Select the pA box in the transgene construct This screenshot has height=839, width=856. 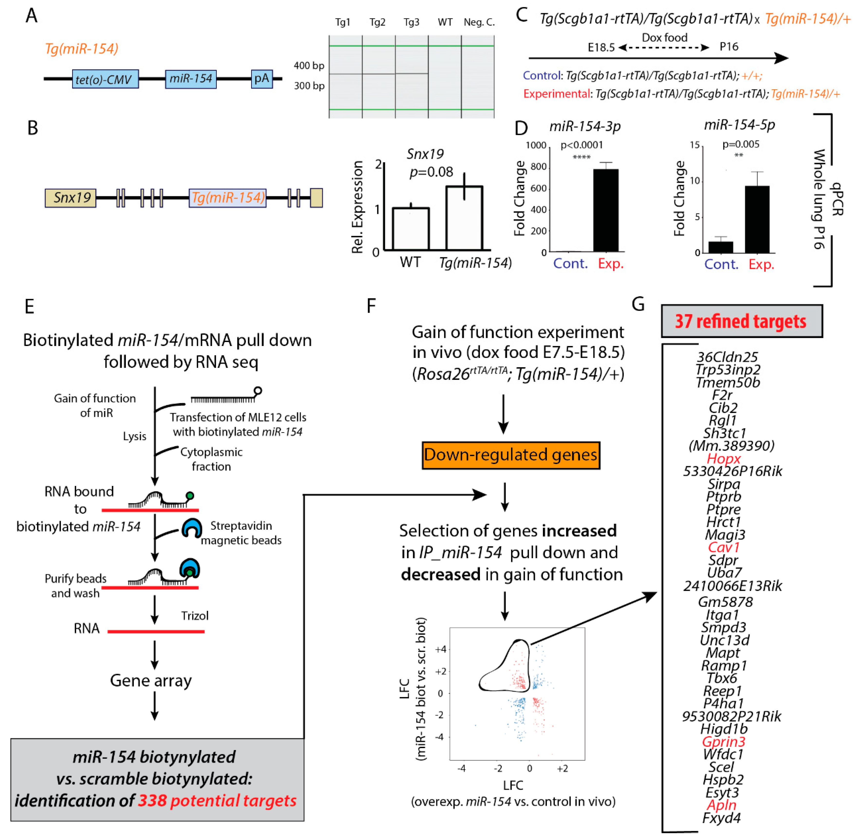tap(262, 79)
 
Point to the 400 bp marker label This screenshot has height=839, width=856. tap(309, 66)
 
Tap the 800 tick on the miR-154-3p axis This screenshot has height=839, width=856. tap(538, 167)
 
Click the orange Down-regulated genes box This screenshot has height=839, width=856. tap(511, 455)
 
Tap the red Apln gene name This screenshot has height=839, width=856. tap(722, 805)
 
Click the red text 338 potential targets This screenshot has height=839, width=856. tap(217, 800)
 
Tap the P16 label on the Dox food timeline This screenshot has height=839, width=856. tap(729, 47)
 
